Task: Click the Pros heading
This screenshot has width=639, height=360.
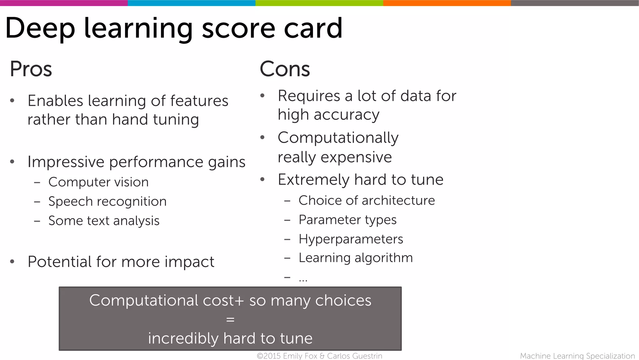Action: tap(31, 69)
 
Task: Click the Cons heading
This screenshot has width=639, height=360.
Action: tap(285, 69)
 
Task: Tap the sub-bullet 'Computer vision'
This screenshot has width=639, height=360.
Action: tap(98, 182)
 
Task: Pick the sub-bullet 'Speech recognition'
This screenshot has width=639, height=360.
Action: tap(107, 201)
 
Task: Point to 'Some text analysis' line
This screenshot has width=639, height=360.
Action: tap(104, 221)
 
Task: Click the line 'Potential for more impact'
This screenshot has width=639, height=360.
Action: tap(121, 262)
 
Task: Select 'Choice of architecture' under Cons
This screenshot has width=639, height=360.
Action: tap(367, 200)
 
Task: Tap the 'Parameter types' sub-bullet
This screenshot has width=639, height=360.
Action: tap(347, 220)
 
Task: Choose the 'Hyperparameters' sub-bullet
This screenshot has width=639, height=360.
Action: tap(351, 239)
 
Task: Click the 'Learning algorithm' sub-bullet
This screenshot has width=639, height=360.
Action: tap(355, 258)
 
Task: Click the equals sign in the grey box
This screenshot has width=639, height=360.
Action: tap(230, 319)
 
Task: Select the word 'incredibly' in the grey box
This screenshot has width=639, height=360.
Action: tap(183, 338)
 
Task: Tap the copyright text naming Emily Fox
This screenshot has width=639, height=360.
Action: tap(319, 356)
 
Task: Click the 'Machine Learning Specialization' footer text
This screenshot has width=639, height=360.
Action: tap(577, 356)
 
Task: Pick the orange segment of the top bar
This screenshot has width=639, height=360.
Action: tap(447, 3)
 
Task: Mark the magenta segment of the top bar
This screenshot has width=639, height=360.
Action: tap(64, 3)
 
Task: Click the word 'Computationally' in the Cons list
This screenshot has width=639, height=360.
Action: tap(338, 138)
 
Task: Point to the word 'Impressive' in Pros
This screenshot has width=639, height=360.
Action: tap(66, 162)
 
